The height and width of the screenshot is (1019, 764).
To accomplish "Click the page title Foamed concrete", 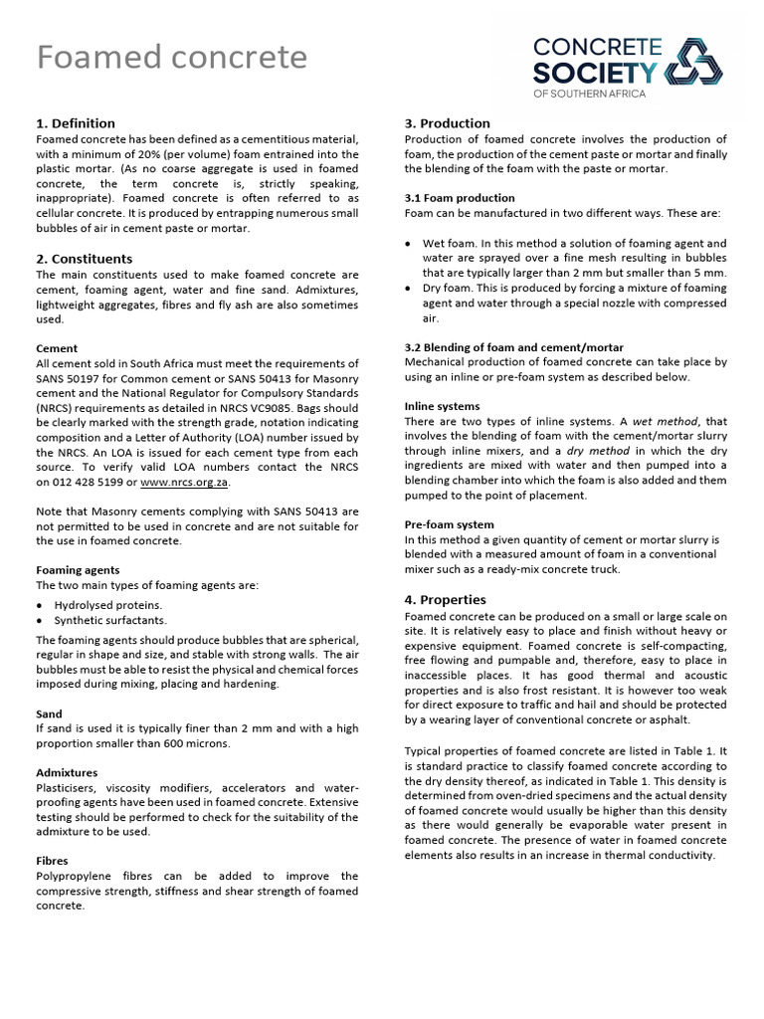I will point(172,58).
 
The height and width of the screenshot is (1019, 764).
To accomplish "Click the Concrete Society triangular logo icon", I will point(694,65).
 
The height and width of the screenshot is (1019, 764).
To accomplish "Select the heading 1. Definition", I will point(76,123).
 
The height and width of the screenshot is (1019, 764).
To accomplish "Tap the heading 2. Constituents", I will point(85,259).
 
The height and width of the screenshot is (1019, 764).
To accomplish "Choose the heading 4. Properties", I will point(446,600).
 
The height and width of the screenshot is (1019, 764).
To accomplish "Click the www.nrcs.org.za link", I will point(185,483).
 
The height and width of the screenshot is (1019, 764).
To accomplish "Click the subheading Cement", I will point(57,349).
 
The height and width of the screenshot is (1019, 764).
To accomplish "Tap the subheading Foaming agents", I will point(78,570).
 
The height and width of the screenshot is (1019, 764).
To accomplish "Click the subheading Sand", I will point(49,713).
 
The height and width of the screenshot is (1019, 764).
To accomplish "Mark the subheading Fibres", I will point(52,861).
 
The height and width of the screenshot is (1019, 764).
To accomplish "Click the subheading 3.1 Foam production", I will point(460,198).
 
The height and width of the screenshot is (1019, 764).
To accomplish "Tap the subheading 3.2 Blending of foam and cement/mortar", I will point(514,347).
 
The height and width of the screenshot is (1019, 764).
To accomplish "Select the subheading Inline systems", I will point(442,406).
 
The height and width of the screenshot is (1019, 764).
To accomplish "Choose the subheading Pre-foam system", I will point(449,524).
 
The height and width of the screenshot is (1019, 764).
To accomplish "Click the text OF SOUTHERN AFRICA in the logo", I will point(590,94).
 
